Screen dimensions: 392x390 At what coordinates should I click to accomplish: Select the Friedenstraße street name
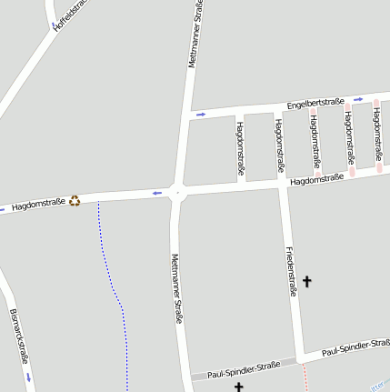point(291,270)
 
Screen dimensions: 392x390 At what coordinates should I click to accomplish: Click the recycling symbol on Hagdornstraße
point(75,200)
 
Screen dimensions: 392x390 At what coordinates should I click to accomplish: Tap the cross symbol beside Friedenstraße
point(306,282)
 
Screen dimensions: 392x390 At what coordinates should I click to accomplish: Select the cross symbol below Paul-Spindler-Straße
point(239,387)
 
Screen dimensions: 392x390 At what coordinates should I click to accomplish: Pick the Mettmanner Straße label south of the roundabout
point(176,288)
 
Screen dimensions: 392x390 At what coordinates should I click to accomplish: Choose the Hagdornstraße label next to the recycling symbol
point(38,205)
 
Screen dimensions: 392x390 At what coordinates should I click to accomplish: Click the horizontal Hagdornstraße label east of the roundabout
point(316,180)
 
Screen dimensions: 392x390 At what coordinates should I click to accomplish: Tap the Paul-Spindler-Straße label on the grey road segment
point(243,371)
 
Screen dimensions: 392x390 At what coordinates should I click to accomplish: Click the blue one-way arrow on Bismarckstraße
point(29,376)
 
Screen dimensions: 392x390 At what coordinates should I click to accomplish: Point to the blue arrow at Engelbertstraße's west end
point(200,115)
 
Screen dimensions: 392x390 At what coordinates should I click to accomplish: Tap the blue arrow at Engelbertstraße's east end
point(358,99)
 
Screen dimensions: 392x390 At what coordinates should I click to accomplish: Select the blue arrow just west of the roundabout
point(157,193)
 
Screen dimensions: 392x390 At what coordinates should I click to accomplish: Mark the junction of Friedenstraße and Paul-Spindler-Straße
point(298,357)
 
